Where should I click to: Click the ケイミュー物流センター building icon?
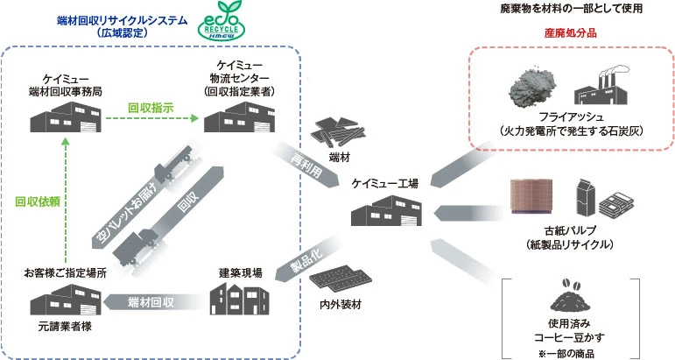pyautogui.click(x=236, y=117)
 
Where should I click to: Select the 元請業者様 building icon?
pyautogui.click(x=60, y=300)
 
